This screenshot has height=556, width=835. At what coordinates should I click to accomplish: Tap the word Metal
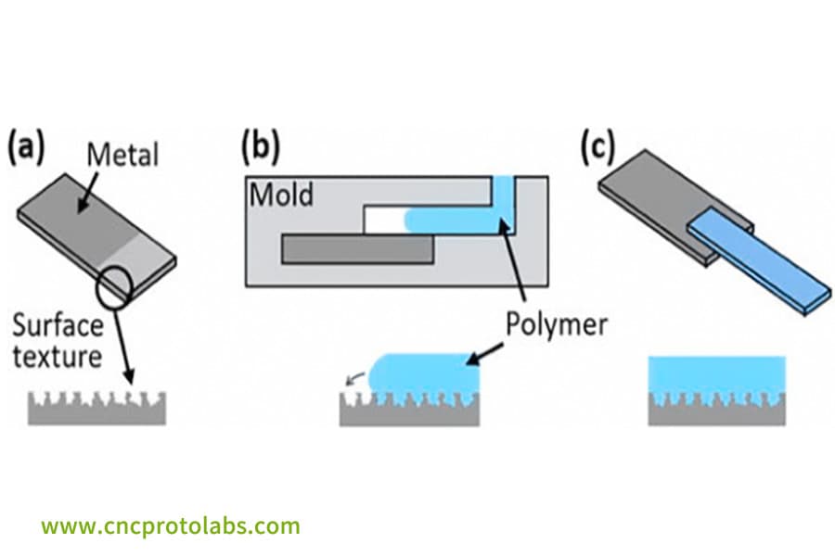(122, 154)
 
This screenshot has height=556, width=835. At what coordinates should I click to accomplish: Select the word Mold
(281, 196)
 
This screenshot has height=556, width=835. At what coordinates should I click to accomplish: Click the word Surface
(58, 326)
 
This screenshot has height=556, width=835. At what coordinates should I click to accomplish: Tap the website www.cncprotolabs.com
(171, 526)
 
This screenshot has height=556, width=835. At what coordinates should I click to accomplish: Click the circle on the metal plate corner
(118, 287)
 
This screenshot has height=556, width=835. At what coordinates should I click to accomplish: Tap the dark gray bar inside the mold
(357, 247)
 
